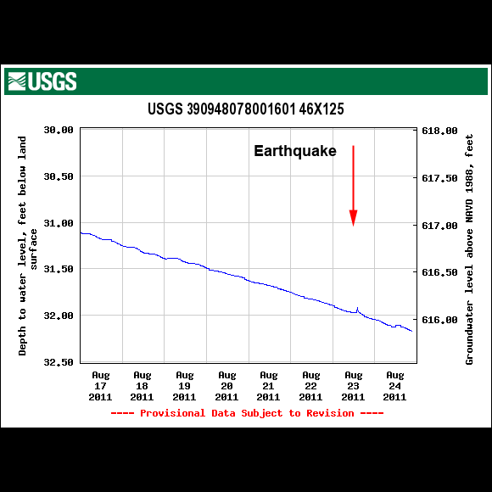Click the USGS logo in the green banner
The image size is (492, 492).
coord(42,81)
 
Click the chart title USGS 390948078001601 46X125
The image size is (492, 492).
coord(245,109)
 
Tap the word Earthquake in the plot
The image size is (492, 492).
coord(295,151)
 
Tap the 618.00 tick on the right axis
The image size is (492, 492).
coord(440,131)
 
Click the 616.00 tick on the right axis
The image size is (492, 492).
coord(440,320)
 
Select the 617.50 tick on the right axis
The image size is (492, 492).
coord(440,178)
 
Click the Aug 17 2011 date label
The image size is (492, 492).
coord(100,385)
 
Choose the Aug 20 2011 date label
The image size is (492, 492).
coord(226,385)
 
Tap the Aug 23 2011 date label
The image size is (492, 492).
coord(353,385)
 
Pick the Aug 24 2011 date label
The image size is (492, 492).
coord(394,385)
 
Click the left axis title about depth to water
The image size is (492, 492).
coord(28,246)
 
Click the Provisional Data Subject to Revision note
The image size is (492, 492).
coord(247,413)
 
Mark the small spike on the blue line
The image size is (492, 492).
coord(357,308)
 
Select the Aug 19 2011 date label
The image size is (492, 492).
coord(184,385)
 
